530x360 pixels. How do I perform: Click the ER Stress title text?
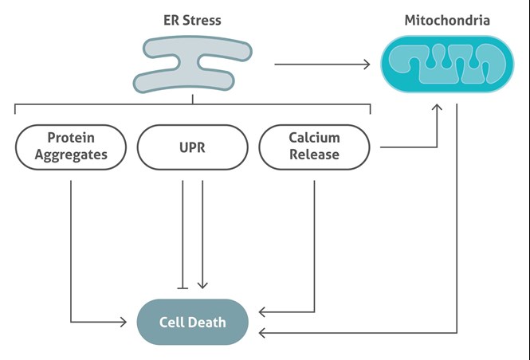192,20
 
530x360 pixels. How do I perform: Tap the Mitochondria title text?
447,20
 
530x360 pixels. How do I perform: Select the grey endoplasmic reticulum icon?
192,65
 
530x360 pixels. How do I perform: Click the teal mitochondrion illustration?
447,64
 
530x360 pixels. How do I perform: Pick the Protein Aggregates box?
71,147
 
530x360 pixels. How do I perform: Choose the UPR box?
192,147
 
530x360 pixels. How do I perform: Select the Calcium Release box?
314,147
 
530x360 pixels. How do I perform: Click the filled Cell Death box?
192,322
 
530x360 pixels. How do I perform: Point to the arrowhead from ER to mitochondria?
367,65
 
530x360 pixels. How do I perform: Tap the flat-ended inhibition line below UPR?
183,234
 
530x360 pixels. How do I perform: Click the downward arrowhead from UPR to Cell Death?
202,285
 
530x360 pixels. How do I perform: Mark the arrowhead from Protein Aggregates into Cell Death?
124,322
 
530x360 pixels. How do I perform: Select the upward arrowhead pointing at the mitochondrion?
437,107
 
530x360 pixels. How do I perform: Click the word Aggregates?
71,155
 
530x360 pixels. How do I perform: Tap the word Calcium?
314,138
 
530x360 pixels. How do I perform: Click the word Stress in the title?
202,20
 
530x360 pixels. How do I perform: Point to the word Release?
314,155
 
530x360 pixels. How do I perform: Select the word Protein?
71,138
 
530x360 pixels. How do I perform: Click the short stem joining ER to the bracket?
193,100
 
